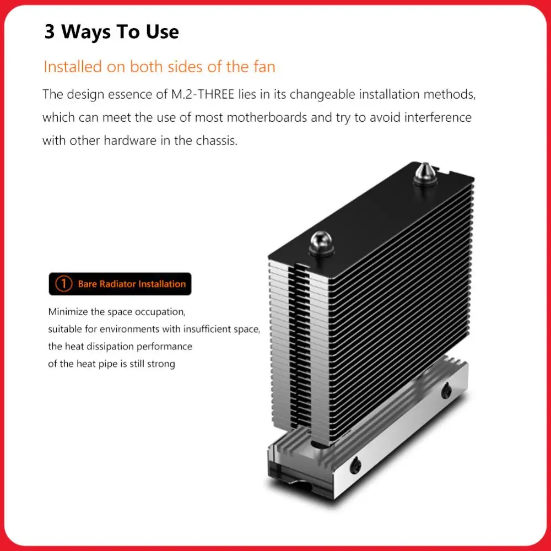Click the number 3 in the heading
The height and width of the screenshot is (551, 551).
(x=50, y=32)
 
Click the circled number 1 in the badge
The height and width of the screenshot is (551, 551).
(x=64, y=284)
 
